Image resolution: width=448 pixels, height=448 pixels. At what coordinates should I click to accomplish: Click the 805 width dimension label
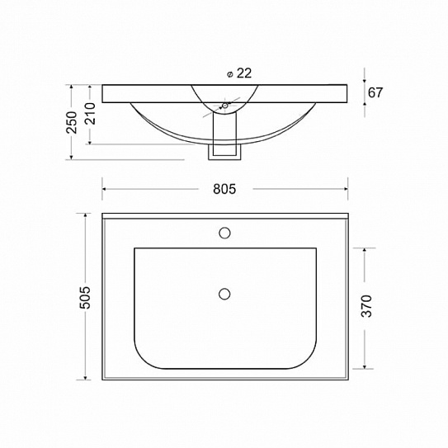tap(224, 189)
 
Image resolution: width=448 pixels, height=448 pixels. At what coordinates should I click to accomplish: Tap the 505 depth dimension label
tap(85, 297)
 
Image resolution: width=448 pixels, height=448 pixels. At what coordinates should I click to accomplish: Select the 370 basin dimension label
tap(366, 306)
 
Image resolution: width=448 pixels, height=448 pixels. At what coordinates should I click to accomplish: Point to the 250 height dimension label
tap(72, 123)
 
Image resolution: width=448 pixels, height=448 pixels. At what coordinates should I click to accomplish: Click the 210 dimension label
tap(91, 113)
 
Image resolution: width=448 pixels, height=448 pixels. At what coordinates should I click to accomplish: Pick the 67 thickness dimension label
tap(375, 92)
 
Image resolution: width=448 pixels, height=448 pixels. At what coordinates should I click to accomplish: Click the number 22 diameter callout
tap(244, 73)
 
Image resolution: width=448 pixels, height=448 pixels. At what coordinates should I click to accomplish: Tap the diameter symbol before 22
tap(229, 74)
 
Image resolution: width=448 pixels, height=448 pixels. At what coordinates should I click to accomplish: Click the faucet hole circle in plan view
tap(225, 233)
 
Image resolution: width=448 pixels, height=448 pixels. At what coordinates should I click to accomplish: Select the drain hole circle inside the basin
tap(224, 294)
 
